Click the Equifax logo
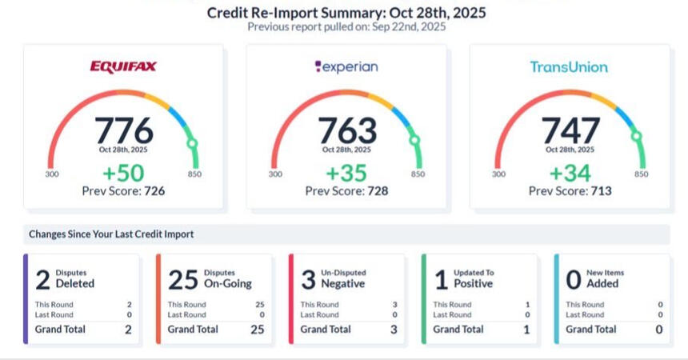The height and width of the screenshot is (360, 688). coord(123,67)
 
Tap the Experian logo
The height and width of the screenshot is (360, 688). coord(346,67)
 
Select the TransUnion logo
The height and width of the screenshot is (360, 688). coord(569,67)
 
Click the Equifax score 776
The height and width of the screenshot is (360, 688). coord(123,130)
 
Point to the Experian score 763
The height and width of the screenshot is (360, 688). coord(346,130)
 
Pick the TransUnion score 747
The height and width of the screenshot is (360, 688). coord(570,130)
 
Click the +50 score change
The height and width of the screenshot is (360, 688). coord(123,174)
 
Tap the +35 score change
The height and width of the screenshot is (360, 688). coord(346,174)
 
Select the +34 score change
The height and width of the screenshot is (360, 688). coord(570,174)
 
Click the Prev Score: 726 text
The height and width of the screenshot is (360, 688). coord(123,191)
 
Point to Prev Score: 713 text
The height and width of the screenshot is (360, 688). coord(570,191)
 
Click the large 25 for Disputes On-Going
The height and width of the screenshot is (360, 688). coord(182,279)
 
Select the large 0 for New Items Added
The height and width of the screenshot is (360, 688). coord(573,279)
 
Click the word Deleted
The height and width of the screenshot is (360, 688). coord(75,283)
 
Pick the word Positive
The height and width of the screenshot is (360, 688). coord(474,283)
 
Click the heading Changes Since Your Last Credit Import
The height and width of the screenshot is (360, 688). coord(111,234)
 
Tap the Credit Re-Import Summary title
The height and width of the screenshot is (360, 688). coord(346,13)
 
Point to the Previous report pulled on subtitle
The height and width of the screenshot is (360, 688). coord(346,26)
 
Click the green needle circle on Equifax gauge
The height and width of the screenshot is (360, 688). coord(192,143)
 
